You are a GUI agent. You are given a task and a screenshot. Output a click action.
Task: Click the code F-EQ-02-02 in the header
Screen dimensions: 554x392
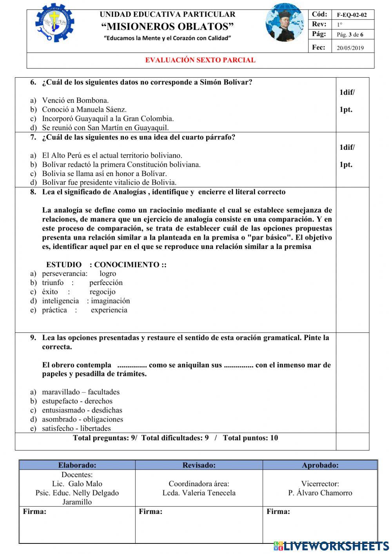[x=352, y=15]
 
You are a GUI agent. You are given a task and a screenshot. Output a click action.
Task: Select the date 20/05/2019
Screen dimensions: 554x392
[x=350, y=48]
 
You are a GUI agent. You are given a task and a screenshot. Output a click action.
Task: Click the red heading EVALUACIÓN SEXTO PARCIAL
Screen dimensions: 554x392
[x=200, y=60]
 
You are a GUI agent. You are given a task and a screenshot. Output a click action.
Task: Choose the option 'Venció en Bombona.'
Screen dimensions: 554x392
[x=75, y=100]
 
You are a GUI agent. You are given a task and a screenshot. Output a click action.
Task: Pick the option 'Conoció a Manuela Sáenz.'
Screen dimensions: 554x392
[x=84, y=109]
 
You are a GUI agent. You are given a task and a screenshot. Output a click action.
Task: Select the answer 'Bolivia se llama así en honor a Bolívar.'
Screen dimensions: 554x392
[x=104, y=173]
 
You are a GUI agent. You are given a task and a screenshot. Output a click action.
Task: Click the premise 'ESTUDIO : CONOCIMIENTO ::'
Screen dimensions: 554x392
[x=106, y=265]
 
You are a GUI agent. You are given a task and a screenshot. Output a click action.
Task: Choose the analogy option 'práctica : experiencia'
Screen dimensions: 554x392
[x=85, y=310]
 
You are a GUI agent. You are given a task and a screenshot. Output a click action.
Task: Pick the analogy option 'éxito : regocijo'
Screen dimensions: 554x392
[x=79, y=292]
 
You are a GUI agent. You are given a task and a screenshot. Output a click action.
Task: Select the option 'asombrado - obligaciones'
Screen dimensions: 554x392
[x=82, y=419]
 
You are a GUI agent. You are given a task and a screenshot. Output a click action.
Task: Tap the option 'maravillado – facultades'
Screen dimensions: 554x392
[x=81, y=392]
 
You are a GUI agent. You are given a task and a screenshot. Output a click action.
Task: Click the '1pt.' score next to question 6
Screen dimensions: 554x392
[x=346, y=109]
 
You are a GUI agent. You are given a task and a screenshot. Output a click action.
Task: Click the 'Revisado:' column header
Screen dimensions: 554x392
[x=199, y=465]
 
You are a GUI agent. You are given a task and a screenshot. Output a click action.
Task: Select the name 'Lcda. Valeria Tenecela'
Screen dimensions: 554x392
[x=199, y=493]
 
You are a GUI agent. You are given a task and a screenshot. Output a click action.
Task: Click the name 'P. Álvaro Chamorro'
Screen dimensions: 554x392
[x=320, y=493]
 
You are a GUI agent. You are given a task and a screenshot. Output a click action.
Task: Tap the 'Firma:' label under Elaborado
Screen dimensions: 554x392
[x=34, y=512]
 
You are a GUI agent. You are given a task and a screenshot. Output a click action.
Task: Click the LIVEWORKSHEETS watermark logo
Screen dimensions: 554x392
[x=331, y=546]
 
